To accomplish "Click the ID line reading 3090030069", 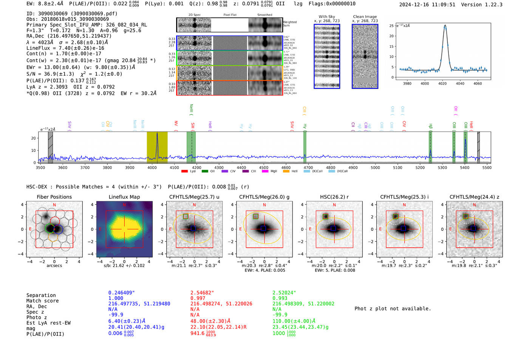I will [72, 14].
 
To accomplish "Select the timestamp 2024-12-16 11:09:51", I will [427, 5].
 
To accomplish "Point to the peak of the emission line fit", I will [445, 26].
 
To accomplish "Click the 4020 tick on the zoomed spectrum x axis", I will [442, 83].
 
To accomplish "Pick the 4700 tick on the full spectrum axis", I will [308, 167].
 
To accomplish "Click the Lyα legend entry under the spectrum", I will [189, 171].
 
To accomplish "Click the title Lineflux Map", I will [124, 197].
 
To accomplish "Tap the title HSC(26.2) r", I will [334, 197].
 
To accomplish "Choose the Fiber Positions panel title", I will [54, 197].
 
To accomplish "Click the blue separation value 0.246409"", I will [122, 293].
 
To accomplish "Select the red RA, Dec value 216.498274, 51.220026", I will [221, 304].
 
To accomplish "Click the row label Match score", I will [42, 301].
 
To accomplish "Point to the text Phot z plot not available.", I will [393, 309].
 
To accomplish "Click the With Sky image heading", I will [327, 17].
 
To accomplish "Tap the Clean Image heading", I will [365, 17].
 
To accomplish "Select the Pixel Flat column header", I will [230, 15].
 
